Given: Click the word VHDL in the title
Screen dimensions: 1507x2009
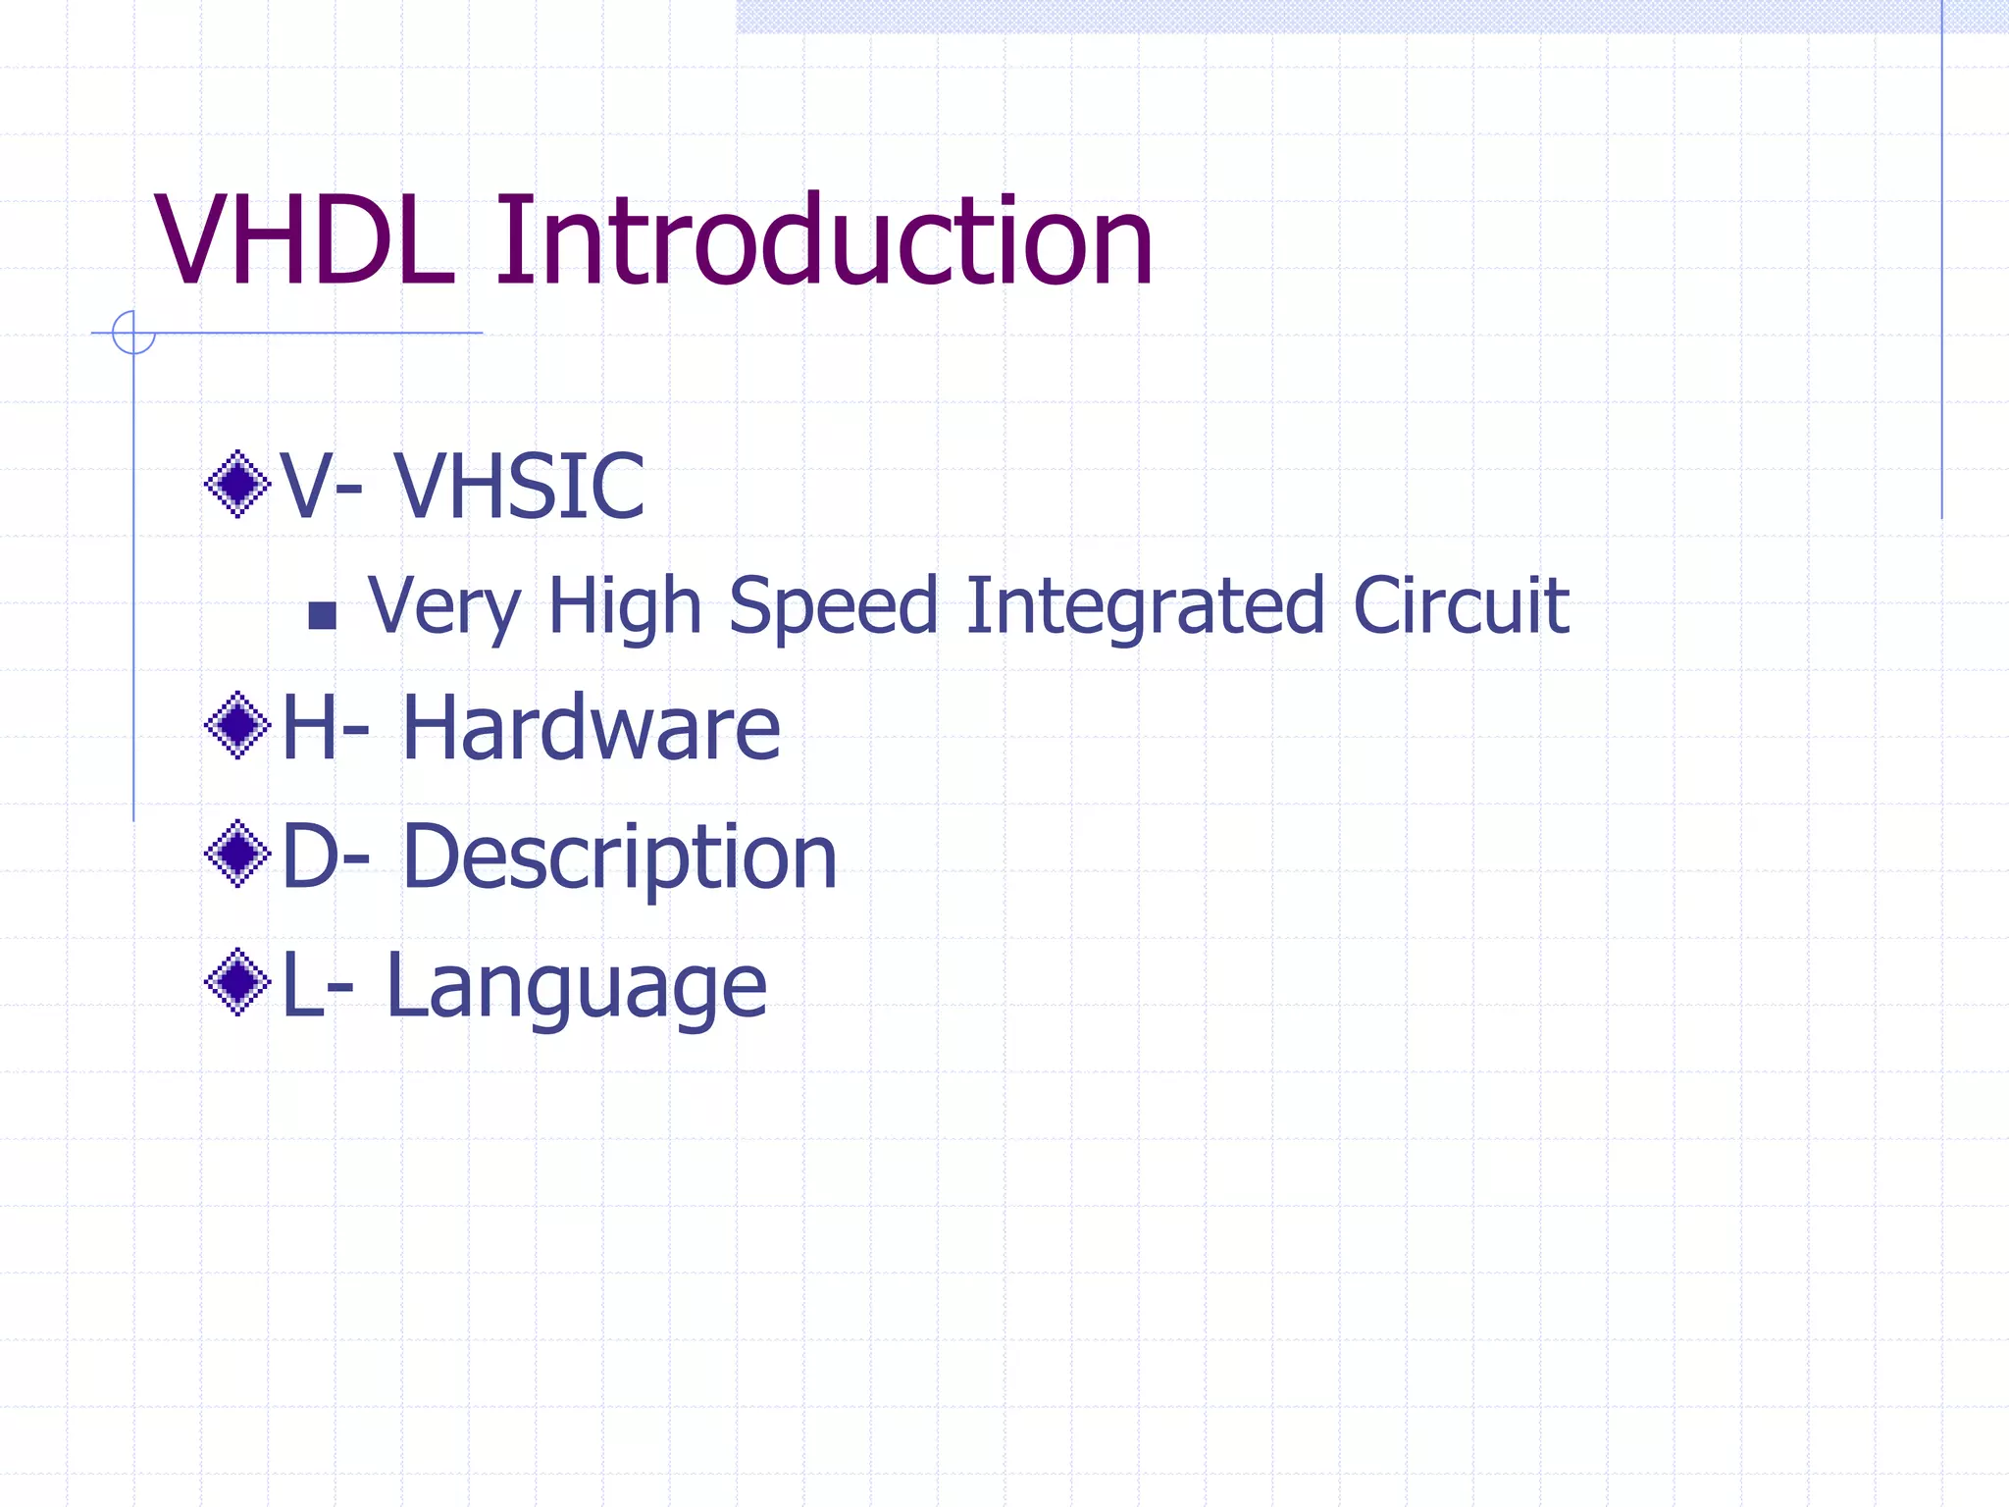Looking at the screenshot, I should tap(305, 241).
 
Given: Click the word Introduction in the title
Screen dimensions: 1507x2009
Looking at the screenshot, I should tap(824, 241).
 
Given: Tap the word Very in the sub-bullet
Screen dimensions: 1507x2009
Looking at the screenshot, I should tap(443, 606).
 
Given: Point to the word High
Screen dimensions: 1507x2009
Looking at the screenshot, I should tap(625, 606).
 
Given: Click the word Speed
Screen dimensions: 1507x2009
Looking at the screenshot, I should tap(834, 606).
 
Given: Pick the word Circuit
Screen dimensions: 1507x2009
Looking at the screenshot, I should tap(1461, 606).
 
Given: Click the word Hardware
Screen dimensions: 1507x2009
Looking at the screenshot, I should tap(592, 728).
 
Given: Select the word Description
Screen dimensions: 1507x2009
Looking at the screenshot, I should tap(620, 857).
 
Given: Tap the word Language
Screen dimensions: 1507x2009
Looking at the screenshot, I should tap(577, 986).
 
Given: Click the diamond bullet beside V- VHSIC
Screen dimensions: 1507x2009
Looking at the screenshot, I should tap(237, 484).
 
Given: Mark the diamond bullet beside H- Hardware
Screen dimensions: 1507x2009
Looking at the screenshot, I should tap(237, 725).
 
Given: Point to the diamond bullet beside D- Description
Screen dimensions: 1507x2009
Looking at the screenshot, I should tap(237, 854).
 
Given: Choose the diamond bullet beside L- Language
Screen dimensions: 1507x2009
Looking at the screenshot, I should tap(237, 982).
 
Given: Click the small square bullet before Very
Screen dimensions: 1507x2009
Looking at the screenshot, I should tap(322, 615).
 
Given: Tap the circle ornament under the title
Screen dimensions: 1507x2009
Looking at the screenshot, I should tap(133, 333).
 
